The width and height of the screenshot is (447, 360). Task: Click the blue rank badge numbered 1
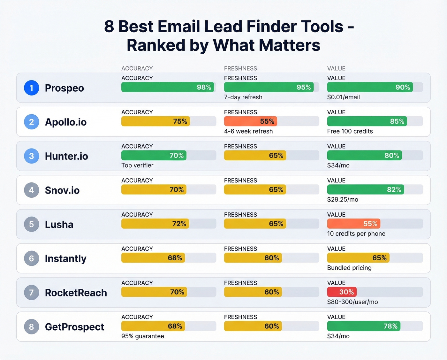[32, 88]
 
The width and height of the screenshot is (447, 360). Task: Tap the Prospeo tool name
[64, 88]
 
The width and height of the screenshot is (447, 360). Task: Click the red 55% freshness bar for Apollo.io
[250, 121]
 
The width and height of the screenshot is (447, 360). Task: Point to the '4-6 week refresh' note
[248, 131]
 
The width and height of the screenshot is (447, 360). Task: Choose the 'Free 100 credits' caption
[350, 131]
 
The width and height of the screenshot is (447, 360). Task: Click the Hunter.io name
[66, 156]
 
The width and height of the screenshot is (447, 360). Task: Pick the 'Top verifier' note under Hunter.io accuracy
[137, 165]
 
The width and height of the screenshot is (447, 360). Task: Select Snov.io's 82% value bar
[365, 189]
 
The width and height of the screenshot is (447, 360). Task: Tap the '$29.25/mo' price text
[343, 200]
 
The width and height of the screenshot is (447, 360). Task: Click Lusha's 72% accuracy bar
[155, 224]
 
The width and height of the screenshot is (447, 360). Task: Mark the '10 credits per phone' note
[356, 234]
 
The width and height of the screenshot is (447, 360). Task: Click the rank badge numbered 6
[32, 258]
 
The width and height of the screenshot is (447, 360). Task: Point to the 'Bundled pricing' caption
[349, 268]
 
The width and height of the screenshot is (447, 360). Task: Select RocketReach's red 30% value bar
[342, 292]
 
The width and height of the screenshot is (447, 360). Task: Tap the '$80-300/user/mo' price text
[352, 302]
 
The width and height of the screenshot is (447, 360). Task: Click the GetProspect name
[74, 327]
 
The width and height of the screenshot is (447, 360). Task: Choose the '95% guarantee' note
[142, 336]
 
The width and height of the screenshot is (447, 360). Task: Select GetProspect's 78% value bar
[364, 326]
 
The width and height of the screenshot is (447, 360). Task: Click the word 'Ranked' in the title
[156, 45]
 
